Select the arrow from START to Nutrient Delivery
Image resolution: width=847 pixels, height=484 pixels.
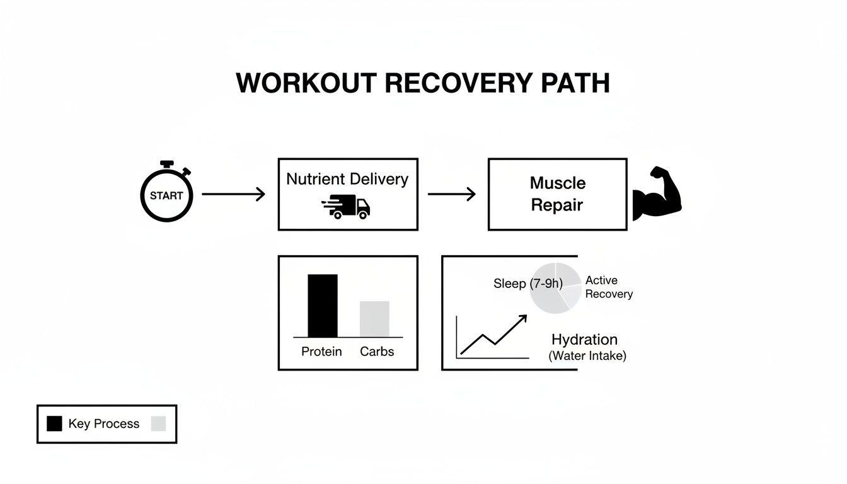click(233, 194)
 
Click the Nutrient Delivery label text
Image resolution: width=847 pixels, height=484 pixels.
click(347, 179)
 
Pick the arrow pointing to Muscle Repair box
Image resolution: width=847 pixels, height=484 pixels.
click(452, 194)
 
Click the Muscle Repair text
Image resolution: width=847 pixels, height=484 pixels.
click(557, 194)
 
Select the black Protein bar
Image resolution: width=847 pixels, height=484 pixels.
click(322, 306)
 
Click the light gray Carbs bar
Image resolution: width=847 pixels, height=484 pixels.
click(374, 319)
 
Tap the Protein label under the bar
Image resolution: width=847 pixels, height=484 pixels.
click(321, 352)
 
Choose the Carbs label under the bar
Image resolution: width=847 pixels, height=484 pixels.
click(377, 352)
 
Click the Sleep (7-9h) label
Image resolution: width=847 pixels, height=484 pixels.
click(527, 284)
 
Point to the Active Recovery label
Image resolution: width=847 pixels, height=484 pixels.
click(608, 287)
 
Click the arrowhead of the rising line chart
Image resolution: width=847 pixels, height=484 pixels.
click(522, 319)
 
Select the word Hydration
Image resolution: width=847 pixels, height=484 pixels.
click(584, 340)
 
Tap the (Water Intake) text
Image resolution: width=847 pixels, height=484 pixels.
click(587, 356)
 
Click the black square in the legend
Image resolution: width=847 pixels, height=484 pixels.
click(55, 423)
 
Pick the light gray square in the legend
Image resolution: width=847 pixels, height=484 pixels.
click(158, 423)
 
